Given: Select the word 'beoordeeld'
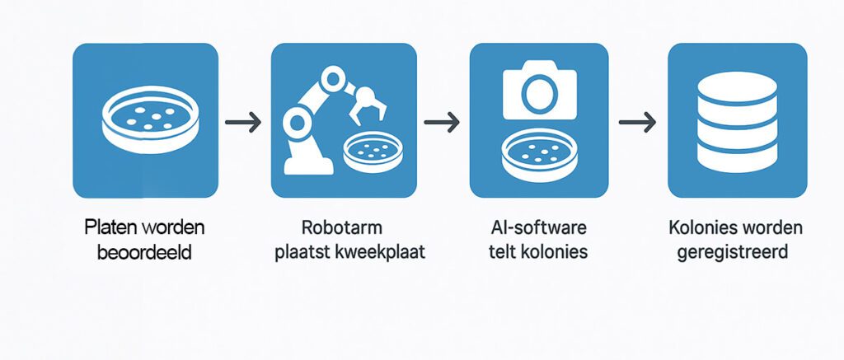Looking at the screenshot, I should point(145,252).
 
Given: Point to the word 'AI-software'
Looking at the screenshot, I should point(538,226).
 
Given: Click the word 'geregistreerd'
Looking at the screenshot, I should point(732,252).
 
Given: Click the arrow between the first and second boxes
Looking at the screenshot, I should point(243,123).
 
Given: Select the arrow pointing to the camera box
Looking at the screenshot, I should point(441,123).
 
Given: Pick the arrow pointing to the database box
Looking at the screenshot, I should point(639,123).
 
